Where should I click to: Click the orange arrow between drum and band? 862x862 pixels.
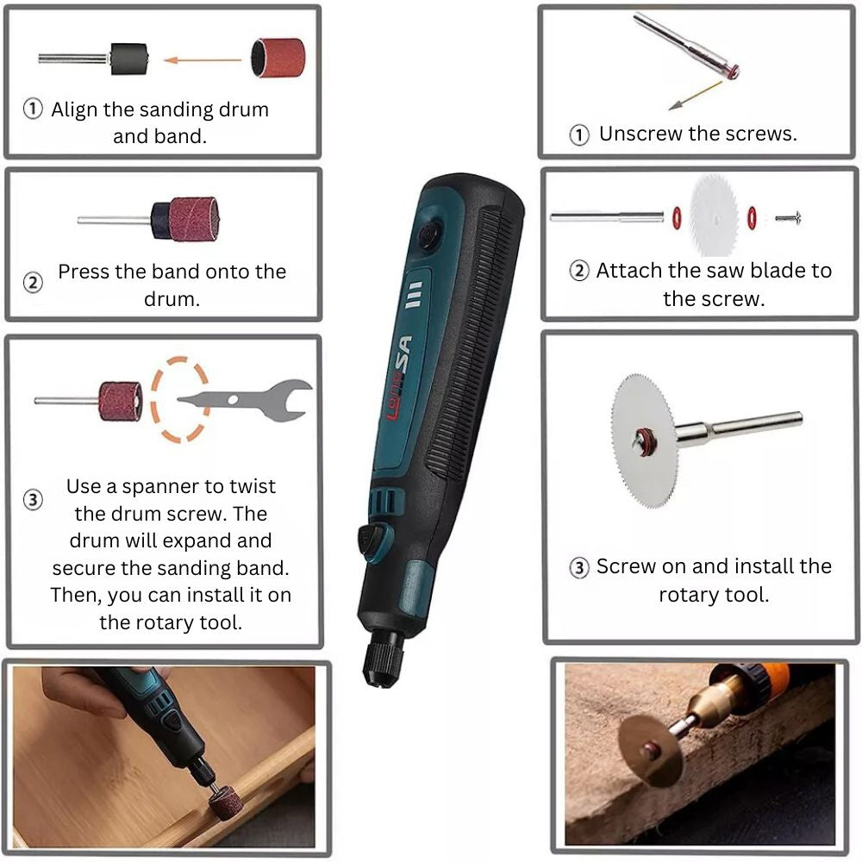[203, 60]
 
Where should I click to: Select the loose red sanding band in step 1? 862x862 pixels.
[278, 59]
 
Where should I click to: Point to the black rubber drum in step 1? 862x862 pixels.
[128, 59]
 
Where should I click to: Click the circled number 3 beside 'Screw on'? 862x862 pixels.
[579, 567]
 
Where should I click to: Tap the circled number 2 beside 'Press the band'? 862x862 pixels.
[33, 283]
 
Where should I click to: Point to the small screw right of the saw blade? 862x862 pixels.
[788, 218]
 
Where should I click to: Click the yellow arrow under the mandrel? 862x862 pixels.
[695, 96]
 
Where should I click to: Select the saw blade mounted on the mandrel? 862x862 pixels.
[644, 440]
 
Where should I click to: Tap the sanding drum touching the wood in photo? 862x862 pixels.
[225, 803]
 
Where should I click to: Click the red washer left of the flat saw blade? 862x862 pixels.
[678, 218]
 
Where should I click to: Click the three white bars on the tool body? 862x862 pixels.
[414, 295]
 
